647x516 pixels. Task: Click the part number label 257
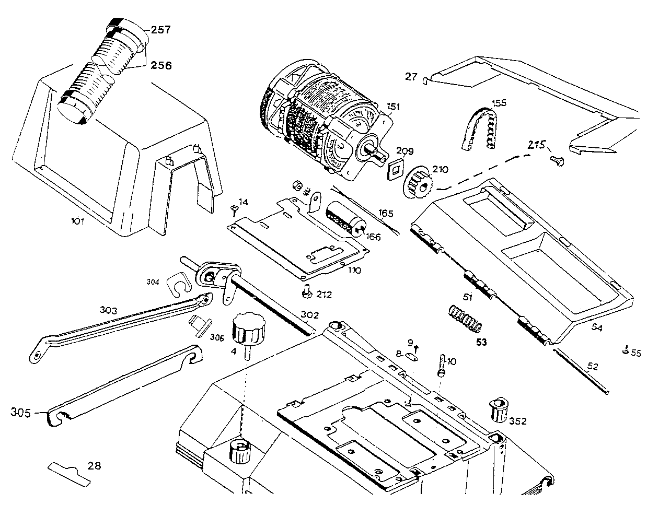160,30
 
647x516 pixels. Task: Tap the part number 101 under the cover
77,221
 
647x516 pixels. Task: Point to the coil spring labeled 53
465,319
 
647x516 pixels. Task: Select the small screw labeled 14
234,210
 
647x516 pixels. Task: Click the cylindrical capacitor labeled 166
346,219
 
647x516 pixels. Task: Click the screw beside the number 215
557,161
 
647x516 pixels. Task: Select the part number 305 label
21,413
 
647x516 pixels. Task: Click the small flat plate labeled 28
69,474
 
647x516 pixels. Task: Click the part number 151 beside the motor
393,107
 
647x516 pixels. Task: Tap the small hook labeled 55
625,350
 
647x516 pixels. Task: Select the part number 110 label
354,271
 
